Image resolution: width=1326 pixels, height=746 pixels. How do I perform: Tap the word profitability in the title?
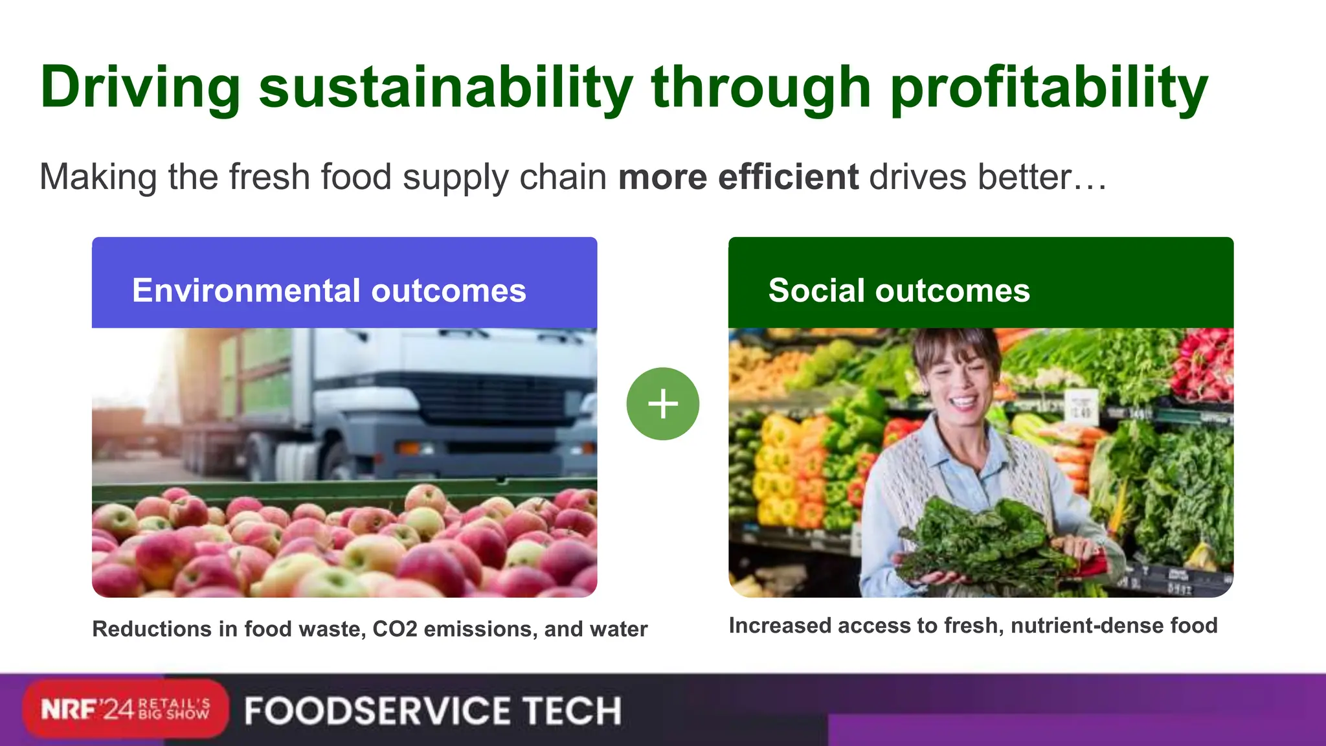pos(1049,87)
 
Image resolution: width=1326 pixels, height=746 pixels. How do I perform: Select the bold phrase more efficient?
pos(738,177)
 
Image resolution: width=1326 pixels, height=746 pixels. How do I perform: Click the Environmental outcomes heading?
pos(329,290)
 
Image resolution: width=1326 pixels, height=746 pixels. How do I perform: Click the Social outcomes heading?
pos(899,290)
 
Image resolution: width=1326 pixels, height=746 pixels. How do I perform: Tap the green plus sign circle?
pos(663,404)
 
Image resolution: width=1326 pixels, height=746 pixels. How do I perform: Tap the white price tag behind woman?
pos(1081,407)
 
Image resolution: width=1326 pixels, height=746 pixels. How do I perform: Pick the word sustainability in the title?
pos(445,87)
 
